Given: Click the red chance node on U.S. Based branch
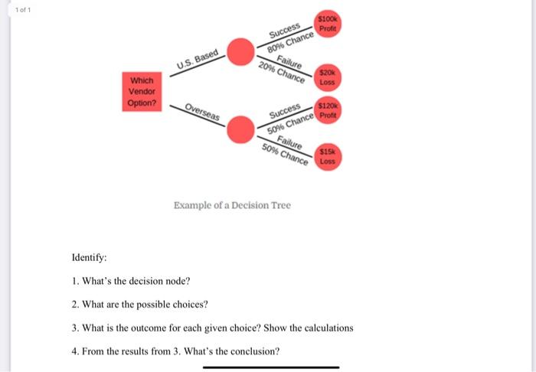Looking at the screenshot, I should (x=242, y=52).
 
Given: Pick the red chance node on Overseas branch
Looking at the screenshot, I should (x=241, y=128).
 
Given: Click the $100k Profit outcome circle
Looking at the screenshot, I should (x=328, y=24).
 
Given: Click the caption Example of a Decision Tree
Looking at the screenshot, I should (x=232, y=205).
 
